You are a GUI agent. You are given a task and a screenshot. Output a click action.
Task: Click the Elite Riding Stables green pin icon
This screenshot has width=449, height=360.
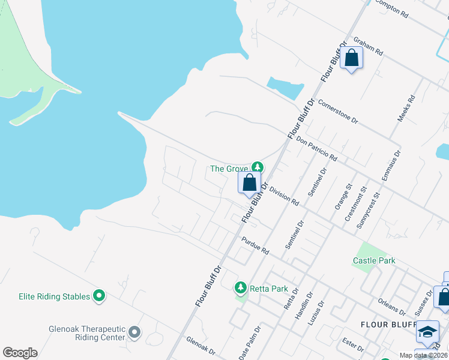click(x=100, y=296)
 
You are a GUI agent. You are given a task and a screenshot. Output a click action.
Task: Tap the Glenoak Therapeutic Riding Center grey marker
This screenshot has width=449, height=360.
click(x=134, y=332)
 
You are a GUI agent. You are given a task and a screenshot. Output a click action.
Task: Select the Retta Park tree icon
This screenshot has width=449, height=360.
click(x=241, y=289)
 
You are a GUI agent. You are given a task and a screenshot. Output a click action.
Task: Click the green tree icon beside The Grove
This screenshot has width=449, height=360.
click(x=258, y=167)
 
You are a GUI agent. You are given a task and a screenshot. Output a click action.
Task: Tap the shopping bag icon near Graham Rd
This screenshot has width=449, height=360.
click(x=352, y=59)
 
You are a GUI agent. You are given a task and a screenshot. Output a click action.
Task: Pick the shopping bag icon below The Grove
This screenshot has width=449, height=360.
click(x=250, y=183)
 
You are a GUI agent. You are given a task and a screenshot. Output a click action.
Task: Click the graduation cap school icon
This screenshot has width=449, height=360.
click(x=427, y=332)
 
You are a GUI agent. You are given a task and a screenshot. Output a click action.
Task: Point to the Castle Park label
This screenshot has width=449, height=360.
click(x=374, y=260)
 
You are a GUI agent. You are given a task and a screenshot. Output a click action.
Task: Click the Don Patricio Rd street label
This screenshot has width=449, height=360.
click(x=316, y=146)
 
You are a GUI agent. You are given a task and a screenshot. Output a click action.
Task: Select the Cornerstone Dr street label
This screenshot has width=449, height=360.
click(x=338, y=112)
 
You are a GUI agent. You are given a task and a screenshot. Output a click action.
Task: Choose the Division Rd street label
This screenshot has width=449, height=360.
click(x=285, y=196)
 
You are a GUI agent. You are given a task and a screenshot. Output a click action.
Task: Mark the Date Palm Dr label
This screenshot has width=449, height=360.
click(x=250, y=343)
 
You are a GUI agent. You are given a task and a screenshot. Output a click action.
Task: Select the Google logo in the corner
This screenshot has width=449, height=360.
click(x=20, y=352)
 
